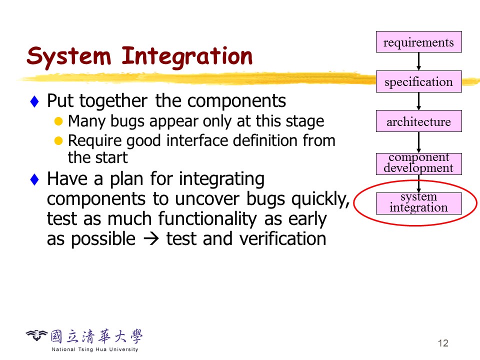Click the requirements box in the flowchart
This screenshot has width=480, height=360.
419,41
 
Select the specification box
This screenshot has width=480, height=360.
419,81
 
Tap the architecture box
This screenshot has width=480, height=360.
419,121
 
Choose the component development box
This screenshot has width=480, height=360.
419,164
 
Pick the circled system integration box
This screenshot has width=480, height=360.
419,203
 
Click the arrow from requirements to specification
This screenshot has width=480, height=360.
419,61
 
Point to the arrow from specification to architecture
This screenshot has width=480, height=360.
419,101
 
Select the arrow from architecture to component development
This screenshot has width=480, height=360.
419,142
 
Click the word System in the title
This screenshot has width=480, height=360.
68,57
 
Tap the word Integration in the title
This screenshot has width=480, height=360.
187,57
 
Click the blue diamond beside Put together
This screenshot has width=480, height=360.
34,101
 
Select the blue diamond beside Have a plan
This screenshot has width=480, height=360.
34,179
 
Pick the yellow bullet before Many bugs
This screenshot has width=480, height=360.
58,121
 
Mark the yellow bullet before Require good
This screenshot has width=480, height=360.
58,141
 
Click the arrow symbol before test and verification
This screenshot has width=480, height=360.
151,239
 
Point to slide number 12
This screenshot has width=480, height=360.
443,343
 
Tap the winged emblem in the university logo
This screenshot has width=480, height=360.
36,335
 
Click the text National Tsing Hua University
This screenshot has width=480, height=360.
95,349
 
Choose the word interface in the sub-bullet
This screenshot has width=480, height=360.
196,141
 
